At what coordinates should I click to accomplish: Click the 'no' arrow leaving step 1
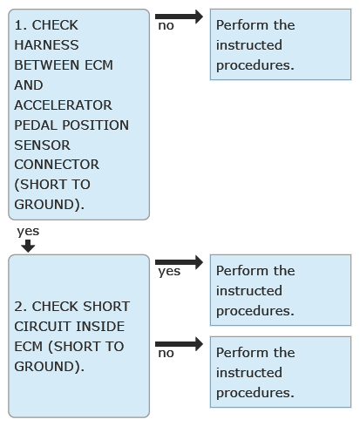(x=179, y=17)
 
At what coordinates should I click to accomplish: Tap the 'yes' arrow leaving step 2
(x=179, y=262)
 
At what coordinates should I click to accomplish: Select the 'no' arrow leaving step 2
(x=179, y=344)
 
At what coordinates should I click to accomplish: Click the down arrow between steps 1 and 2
(x=28, y=246)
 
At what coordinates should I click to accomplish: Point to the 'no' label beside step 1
(x=166, y=26)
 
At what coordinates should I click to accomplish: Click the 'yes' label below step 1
(x=28, y=232)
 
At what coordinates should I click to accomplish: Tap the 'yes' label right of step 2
(x=169, y=272)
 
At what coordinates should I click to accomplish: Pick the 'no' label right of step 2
(x=166, y=354)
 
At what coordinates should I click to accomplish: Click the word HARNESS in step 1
(x=46, y=45)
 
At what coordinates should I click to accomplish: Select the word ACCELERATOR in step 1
(x=63, y=105)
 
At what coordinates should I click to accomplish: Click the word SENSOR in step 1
(x=42, y=145)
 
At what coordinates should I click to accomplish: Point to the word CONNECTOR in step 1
(x=57, y=165)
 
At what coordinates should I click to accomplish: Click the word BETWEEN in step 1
(x=46, y=65)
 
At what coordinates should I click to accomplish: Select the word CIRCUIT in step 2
(x=43, y=327)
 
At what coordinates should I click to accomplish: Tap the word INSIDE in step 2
(x=100, y=327)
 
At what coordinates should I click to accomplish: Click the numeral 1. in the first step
(x=20, y=25)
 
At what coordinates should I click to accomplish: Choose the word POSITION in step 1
(x=96, y=125)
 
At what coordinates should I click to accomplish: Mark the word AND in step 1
(x=29, y=85)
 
